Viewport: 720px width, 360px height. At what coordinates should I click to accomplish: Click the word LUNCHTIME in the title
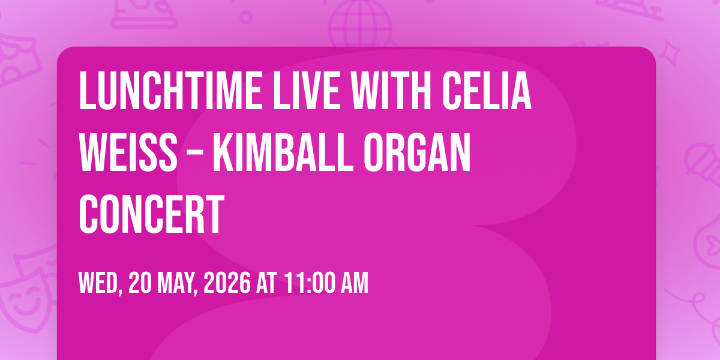[170, 91]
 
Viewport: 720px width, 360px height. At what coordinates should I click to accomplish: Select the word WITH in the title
[391, 91]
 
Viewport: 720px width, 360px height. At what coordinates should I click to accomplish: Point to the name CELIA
[487, 91]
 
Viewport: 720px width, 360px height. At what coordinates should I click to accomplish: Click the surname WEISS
[128, 152]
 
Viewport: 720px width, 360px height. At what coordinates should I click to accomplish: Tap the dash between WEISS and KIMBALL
[195, 155]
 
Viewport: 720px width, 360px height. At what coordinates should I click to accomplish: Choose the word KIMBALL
[283, 152]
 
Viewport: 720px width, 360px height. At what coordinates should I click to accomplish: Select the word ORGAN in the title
[417, 152]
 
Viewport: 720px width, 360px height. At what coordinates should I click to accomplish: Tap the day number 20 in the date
[140, 283]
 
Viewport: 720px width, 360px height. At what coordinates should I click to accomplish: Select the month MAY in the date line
[177, 283]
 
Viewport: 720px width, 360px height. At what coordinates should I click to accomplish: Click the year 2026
[227, 283]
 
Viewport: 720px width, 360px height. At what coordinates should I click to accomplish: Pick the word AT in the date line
[266, 283]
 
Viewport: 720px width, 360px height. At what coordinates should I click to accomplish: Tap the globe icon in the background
[361, 23]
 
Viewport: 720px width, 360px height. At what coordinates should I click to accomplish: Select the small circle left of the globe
[246, 17]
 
